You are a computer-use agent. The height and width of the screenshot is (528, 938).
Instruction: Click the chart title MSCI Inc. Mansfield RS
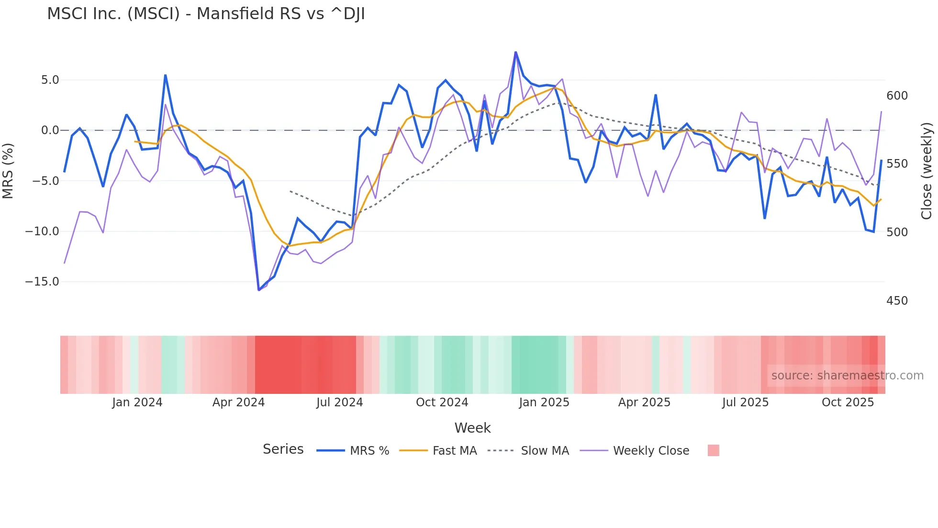point(206,14)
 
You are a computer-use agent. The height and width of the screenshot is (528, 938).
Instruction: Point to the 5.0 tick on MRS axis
point(50,80)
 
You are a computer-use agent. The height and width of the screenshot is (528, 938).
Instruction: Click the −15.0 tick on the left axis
point(42,282)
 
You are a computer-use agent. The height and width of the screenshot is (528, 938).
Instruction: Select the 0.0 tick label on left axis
point(50,130)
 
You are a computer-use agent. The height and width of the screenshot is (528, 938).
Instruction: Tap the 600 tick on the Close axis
point(897,96)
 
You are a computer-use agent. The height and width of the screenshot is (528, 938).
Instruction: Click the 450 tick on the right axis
point(897,301)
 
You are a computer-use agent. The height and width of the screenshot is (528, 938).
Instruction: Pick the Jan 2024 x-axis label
point(137,402)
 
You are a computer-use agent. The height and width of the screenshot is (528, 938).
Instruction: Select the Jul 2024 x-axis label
point(339,402)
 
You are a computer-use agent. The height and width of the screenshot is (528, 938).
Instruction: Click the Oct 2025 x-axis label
point(848,402)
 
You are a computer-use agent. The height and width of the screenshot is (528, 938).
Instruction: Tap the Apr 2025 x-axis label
point(644,402)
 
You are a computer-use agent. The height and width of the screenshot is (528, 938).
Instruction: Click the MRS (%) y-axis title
point(8,171)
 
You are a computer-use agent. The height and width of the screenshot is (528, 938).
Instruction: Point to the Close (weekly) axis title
point(927,171)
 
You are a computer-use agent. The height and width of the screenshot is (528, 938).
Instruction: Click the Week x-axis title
point(472,428)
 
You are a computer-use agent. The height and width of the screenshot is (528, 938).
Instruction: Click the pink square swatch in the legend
point(713,450)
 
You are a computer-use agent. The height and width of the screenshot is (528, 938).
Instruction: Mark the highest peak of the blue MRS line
point(515,52)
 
